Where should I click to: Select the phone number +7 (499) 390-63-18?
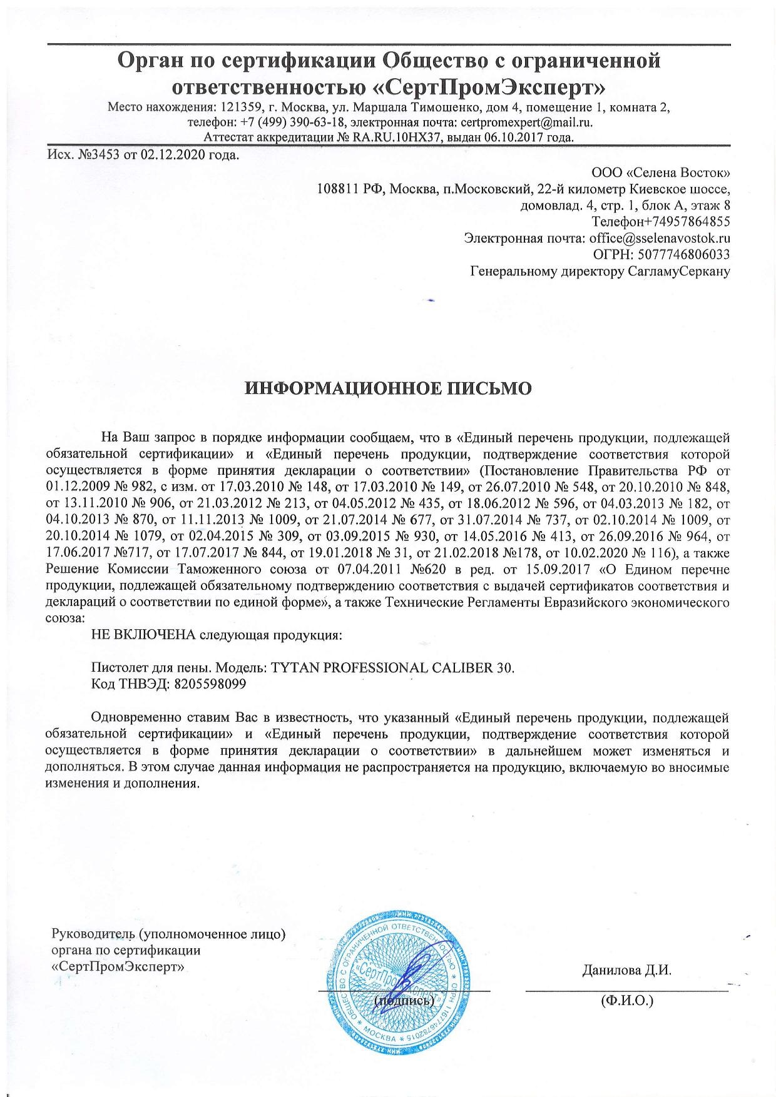294,122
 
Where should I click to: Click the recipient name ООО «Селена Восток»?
660,171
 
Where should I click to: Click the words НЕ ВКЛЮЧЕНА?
143,635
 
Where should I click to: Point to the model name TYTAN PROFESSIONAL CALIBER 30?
393,667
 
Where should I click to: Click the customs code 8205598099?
208,684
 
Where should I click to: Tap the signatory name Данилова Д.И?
626,971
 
